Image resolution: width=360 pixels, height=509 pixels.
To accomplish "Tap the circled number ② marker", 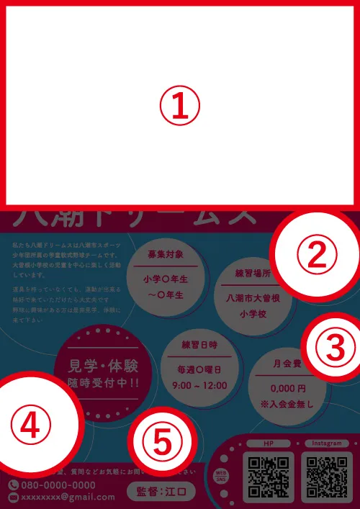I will pyautogui.click(x=318, y=253).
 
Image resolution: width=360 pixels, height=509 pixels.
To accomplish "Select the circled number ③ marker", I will pyautogui.click(x=332, y=348).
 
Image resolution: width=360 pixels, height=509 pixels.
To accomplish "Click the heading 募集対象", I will pyautogui.click(x=166, y=255).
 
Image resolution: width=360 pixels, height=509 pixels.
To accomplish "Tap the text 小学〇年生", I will pyautogui.click(x=166, y=279).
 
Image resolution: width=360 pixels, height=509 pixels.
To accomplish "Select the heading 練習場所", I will pyautogui.click(x=252, y=274).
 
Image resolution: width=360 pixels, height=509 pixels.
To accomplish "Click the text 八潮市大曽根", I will pyautogui.click(x=253, y=298).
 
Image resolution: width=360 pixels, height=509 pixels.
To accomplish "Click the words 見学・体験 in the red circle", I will pyautogui.click(x=96, y=364).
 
